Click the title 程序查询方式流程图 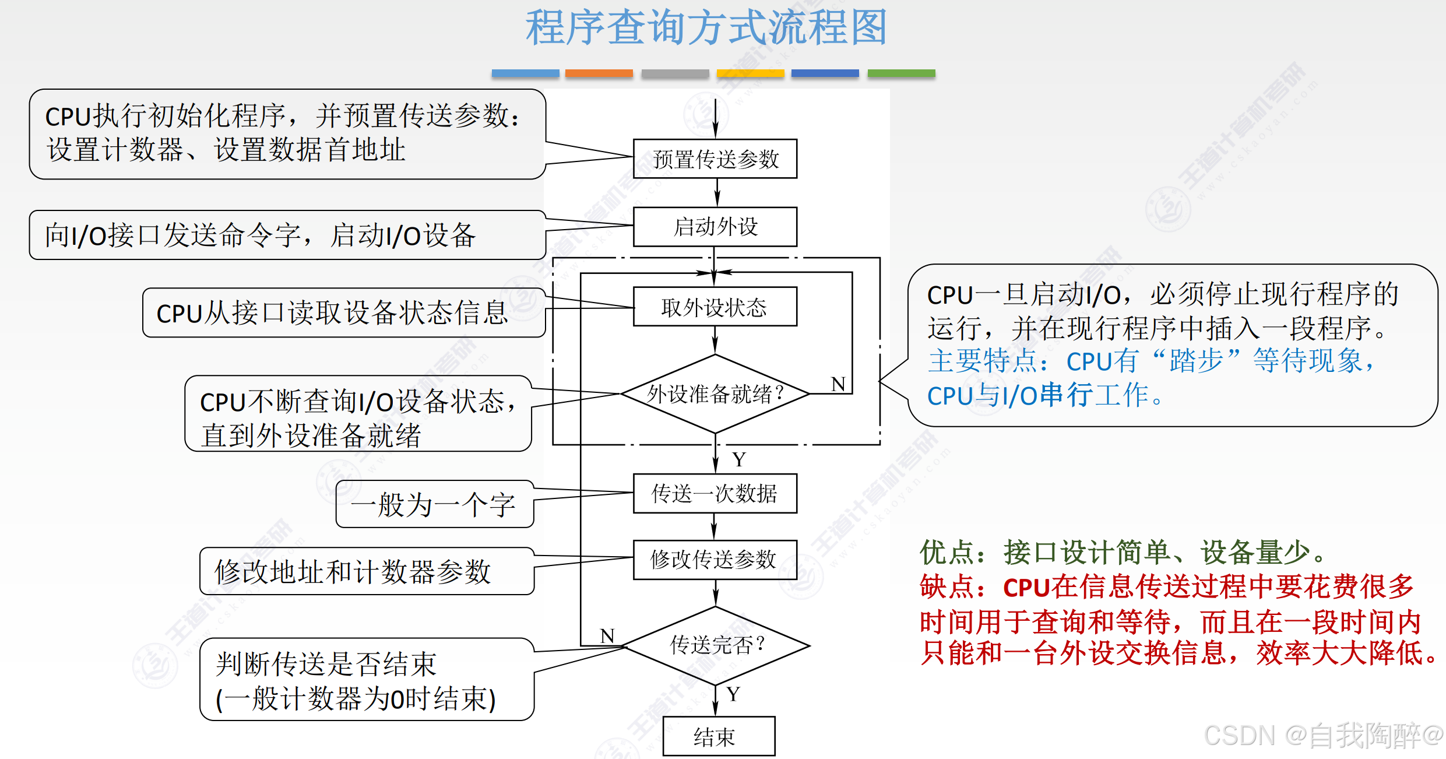[706, 27]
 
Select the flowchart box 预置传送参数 [715, 159]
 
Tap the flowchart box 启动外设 [715, 227]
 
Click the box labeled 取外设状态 [715, 307]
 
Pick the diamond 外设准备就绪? [715, 394]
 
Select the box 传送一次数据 [715, 493]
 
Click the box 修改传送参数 [715, 560]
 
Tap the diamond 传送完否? [716, 645]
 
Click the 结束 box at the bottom [719, 737]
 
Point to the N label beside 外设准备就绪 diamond [838, 384]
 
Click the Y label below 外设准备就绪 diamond [739, 459]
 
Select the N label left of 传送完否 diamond [607, 635]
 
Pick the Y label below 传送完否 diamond [733, 694]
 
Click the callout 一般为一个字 [434, 504]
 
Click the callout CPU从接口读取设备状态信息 [343, 313]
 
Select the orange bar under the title [599, 73]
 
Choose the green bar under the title [901, 73]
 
